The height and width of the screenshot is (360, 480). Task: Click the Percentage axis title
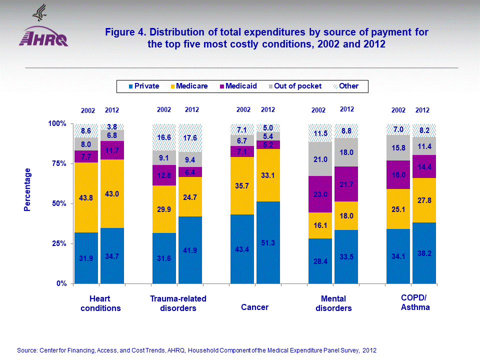[28, 190]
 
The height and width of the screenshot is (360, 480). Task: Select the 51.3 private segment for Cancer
[267, 242]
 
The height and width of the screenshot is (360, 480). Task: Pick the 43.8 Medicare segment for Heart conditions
[86, 197]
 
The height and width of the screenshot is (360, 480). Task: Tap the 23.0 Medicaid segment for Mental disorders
[320, 194]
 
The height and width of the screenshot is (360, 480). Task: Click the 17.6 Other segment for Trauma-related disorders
[190, 137]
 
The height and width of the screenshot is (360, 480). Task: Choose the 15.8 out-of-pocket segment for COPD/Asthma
[398, 147]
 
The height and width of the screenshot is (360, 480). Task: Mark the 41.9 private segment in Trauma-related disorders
[190, 250]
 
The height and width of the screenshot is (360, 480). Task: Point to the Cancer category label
[254, 307]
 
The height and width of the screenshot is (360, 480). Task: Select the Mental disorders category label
[333, 303]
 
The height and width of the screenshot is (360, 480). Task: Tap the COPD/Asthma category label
[415, 302]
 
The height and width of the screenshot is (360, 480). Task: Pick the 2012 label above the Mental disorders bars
[346, 109]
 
